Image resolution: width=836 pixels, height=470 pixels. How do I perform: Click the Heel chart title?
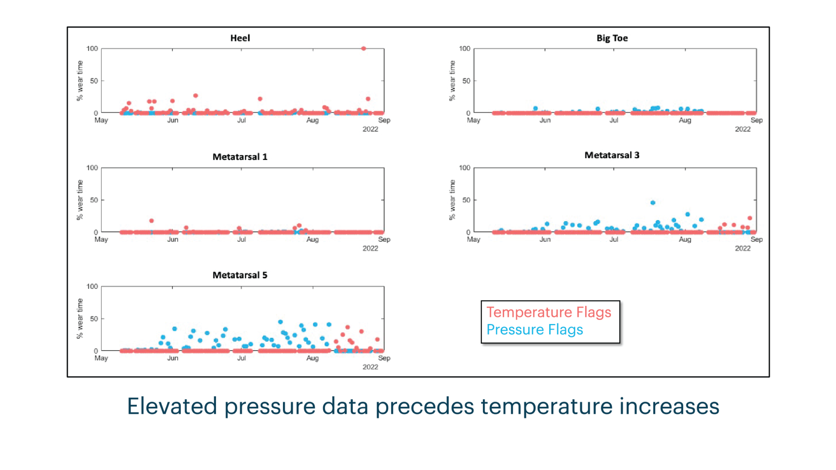(240, 38)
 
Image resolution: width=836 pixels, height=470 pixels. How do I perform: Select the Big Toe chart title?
(612, 38)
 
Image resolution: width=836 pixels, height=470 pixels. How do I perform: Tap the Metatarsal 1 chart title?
(240, 157)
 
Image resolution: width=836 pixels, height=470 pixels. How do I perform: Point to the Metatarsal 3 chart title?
(612, 155)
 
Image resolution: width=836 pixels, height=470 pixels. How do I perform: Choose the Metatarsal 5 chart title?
(240, 275)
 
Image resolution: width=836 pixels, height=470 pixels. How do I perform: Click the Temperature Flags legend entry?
(549, 312)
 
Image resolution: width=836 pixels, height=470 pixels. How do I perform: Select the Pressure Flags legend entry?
(535, 330)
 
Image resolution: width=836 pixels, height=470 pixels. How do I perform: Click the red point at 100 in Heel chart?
(364, 49)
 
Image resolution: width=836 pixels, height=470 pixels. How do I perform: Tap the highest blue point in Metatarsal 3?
(653, 203)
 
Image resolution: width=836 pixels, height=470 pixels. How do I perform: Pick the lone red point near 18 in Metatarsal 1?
(152, 221)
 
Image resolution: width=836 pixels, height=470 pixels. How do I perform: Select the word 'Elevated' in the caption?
(172, 406)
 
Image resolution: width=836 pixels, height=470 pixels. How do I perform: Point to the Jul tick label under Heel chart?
(241, 120)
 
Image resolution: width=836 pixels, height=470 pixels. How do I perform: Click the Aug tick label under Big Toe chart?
(685, 121)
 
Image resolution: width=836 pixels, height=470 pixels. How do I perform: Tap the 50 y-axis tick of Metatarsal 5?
(94, 319)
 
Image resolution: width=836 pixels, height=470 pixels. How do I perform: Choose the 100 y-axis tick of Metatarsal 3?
(465, 168)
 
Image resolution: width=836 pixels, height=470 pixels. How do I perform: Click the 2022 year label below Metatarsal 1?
(371, 248)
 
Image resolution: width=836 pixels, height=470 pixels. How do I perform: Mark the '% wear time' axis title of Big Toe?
(452, 81)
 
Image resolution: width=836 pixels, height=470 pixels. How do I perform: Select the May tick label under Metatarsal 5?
(101, 358)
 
